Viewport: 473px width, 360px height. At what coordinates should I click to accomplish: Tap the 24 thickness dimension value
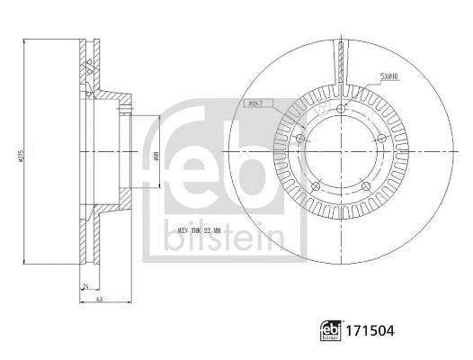(85, 288)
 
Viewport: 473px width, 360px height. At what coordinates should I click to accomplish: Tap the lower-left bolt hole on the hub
(317, 184)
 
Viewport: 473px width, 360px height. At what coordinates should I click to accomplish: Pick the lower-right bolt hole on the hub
(368, 184)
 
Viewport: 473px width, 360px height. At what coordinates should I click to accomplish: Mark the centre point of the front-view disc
(343, 154)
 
